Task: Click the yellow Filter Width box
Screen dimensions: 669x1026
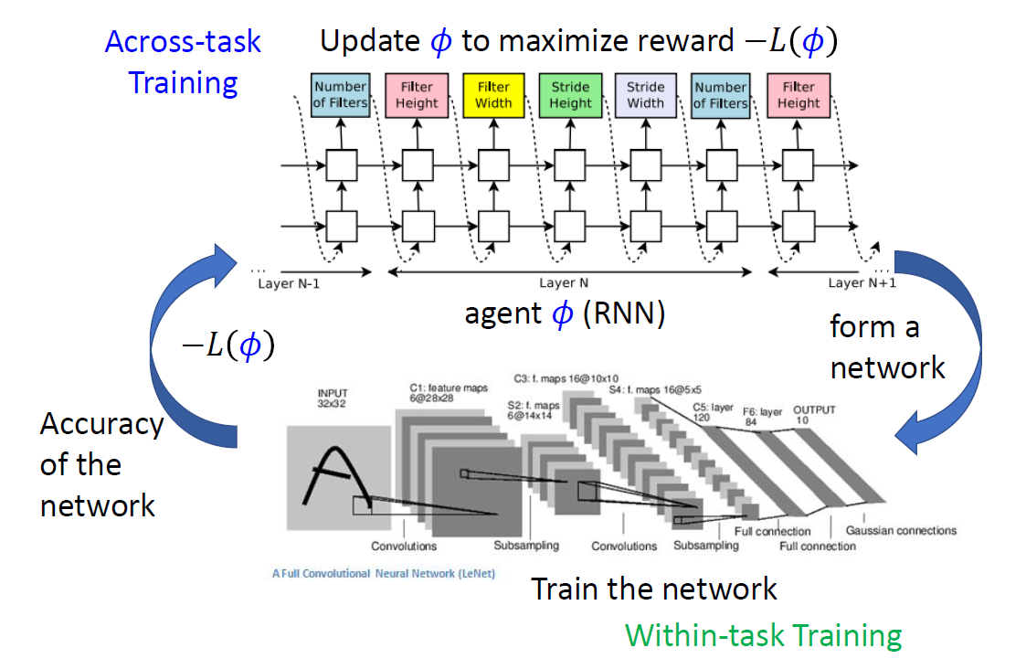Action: [494, 95]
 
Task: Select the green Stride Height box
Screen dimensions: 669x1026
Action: [570, 95]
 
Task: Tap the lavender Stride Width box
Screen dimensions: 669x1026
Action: [646, 95]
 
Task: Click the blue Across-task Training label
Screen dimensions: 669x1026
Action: [183, 62]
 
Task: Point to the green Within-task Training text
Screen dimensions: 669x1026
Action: [764, 634]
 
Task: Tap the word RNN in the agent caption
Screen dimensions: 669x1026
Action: [629, 313]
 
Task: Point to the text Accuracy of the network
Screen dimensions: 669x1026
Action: [100, 464]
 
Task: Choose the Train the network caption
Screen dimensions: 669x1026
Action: [653, 588]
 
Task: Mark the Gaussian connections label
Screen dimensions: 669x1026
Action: [901, 530]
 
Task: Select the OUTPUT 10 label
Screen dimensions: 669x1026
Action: [813, 415]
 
